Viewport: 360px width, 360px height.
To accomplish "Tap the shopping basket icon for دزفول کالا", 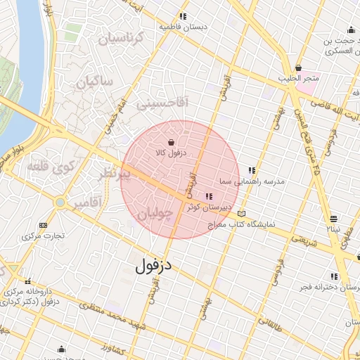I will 172,142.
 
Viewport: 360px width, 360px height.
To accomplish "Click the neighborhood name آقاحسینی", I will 162,103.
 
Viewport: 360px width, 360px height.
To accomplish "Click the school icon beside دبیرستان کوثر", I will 208,196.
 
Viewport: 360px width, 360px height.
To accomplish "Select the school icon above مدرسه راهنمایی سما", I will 251,170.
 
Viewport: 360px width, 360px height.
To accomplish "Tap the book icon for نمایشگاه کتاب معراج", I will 243,214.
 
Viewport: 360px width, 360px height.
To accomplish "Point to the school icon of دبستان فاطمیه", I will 183,16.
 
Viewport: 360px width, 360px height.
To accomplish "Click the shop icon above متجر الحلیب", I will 298,68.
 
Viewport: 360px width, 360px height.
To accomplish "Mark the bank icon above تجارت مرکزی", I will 44,226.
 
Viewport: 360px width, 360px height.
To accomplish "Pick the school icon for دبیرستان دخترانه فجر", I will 334,276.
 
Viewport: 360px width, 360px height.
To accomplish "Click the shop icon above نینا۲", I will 333,219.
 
